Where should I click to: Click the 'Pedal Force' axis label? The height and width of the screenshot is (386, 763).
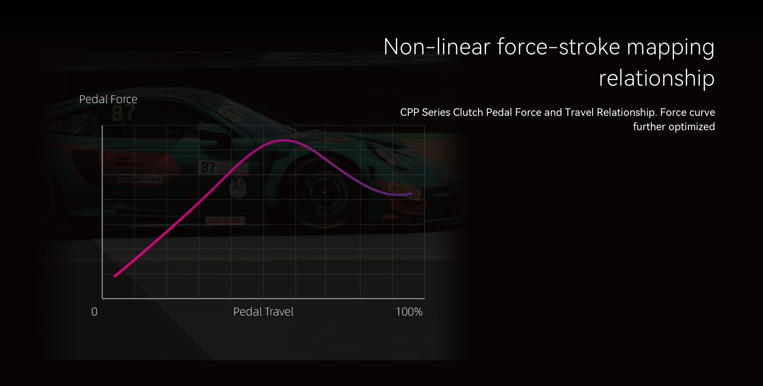pyautogui.click(x=108, y=99)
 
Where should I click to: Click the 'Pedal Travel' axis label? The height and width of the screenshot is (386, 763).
pyautogui.click(x=263, y=312)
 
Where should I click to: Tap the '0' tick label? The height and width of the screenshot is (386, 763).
pyautogui.click(x=94, y=312)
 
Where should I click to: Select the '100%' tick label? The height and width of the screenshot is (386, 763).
pyautogui.click(x=409, y=312)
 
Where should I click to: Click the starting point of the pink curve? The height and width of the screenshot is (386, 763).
pyautogui.click(x=115, y=276)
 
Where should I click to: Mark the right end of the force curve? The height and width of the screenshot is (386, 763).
pyautogui.click(x=412, y=194)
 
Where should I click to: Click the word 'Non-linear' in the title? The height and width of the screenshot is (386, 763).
pyautogui.click(x=437, y=47)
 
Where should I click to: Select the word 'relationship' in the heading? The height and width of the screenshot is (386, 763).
pyautogui.click(x=656, y=79)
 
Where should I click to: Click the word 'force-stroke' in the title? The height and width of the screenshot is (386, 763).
pyautogui.click(x=559, y=47)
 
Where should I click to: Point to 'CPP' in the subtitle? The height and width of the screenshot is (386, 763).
pyautogui.click(x=410, y=112)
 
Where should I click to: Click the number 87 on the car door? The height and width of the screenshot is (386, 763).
pyautogui.click(x=208, y=167)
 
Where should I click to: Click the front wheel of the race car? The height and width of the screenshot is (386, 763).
pyautogui.click(x=324, y=193)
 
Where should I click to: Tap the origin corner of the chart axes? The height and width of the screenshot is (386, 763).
pyautogui.click(x=103, y=298)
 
